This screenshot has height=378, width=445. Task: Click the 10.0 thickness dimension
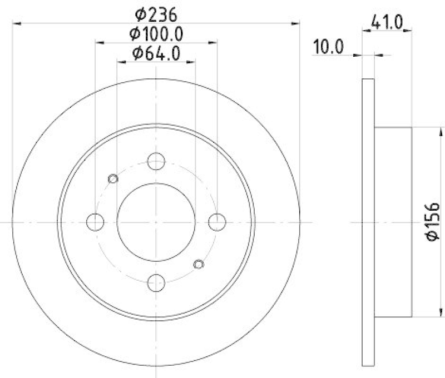coord(328,46)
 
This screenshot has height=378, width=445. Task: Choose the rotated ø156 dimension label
coord(433,221)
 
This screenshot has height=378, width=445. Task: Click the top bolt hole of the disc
coord(156,162)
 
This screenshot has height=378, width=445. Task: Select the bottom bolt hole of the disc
coord(156,282)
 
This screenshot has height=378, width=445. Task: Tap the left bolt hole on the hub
coord(96,222)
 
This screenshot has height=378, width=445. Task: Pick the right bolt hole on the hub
coord(216,222)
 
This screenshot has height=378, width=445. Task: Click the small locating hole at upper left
coord(113,178)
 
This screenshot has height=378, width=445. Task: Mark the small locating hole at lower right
coord(200,264)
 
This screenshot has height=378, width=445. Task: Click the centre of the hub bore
coord(156,222)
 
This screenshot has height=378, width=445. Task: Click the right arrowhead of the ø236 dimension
coord(296,23)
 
